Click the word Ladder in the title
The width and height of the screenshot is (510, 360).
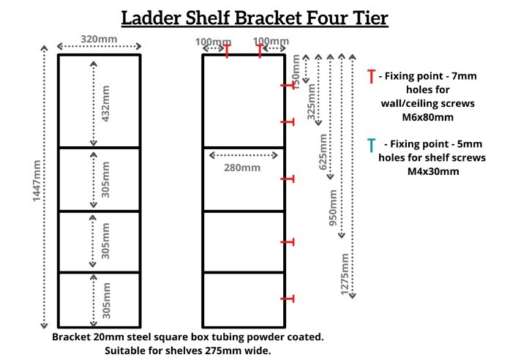(x=157, y=18)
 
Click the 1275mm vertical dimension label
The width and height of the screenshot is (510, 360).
(x=345, y=272)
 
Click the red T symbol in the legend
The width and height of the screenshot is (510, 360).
(x=372, y=76)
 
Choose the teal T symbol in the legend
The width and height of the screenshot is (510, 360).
(x=372, y=143)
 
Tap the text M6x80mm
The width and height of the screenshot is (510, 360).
(x=417, y=117)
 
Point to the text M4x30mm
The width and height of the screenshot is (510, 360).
(x=419, y=171)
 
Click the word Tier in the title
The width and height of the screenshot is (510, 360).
(x=366, y=18)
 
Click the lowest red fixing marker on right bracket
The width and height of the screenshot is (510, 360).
(x=288, y=298)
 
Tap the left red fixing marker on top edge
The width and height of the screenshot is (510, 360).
(x=227, y=50)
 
